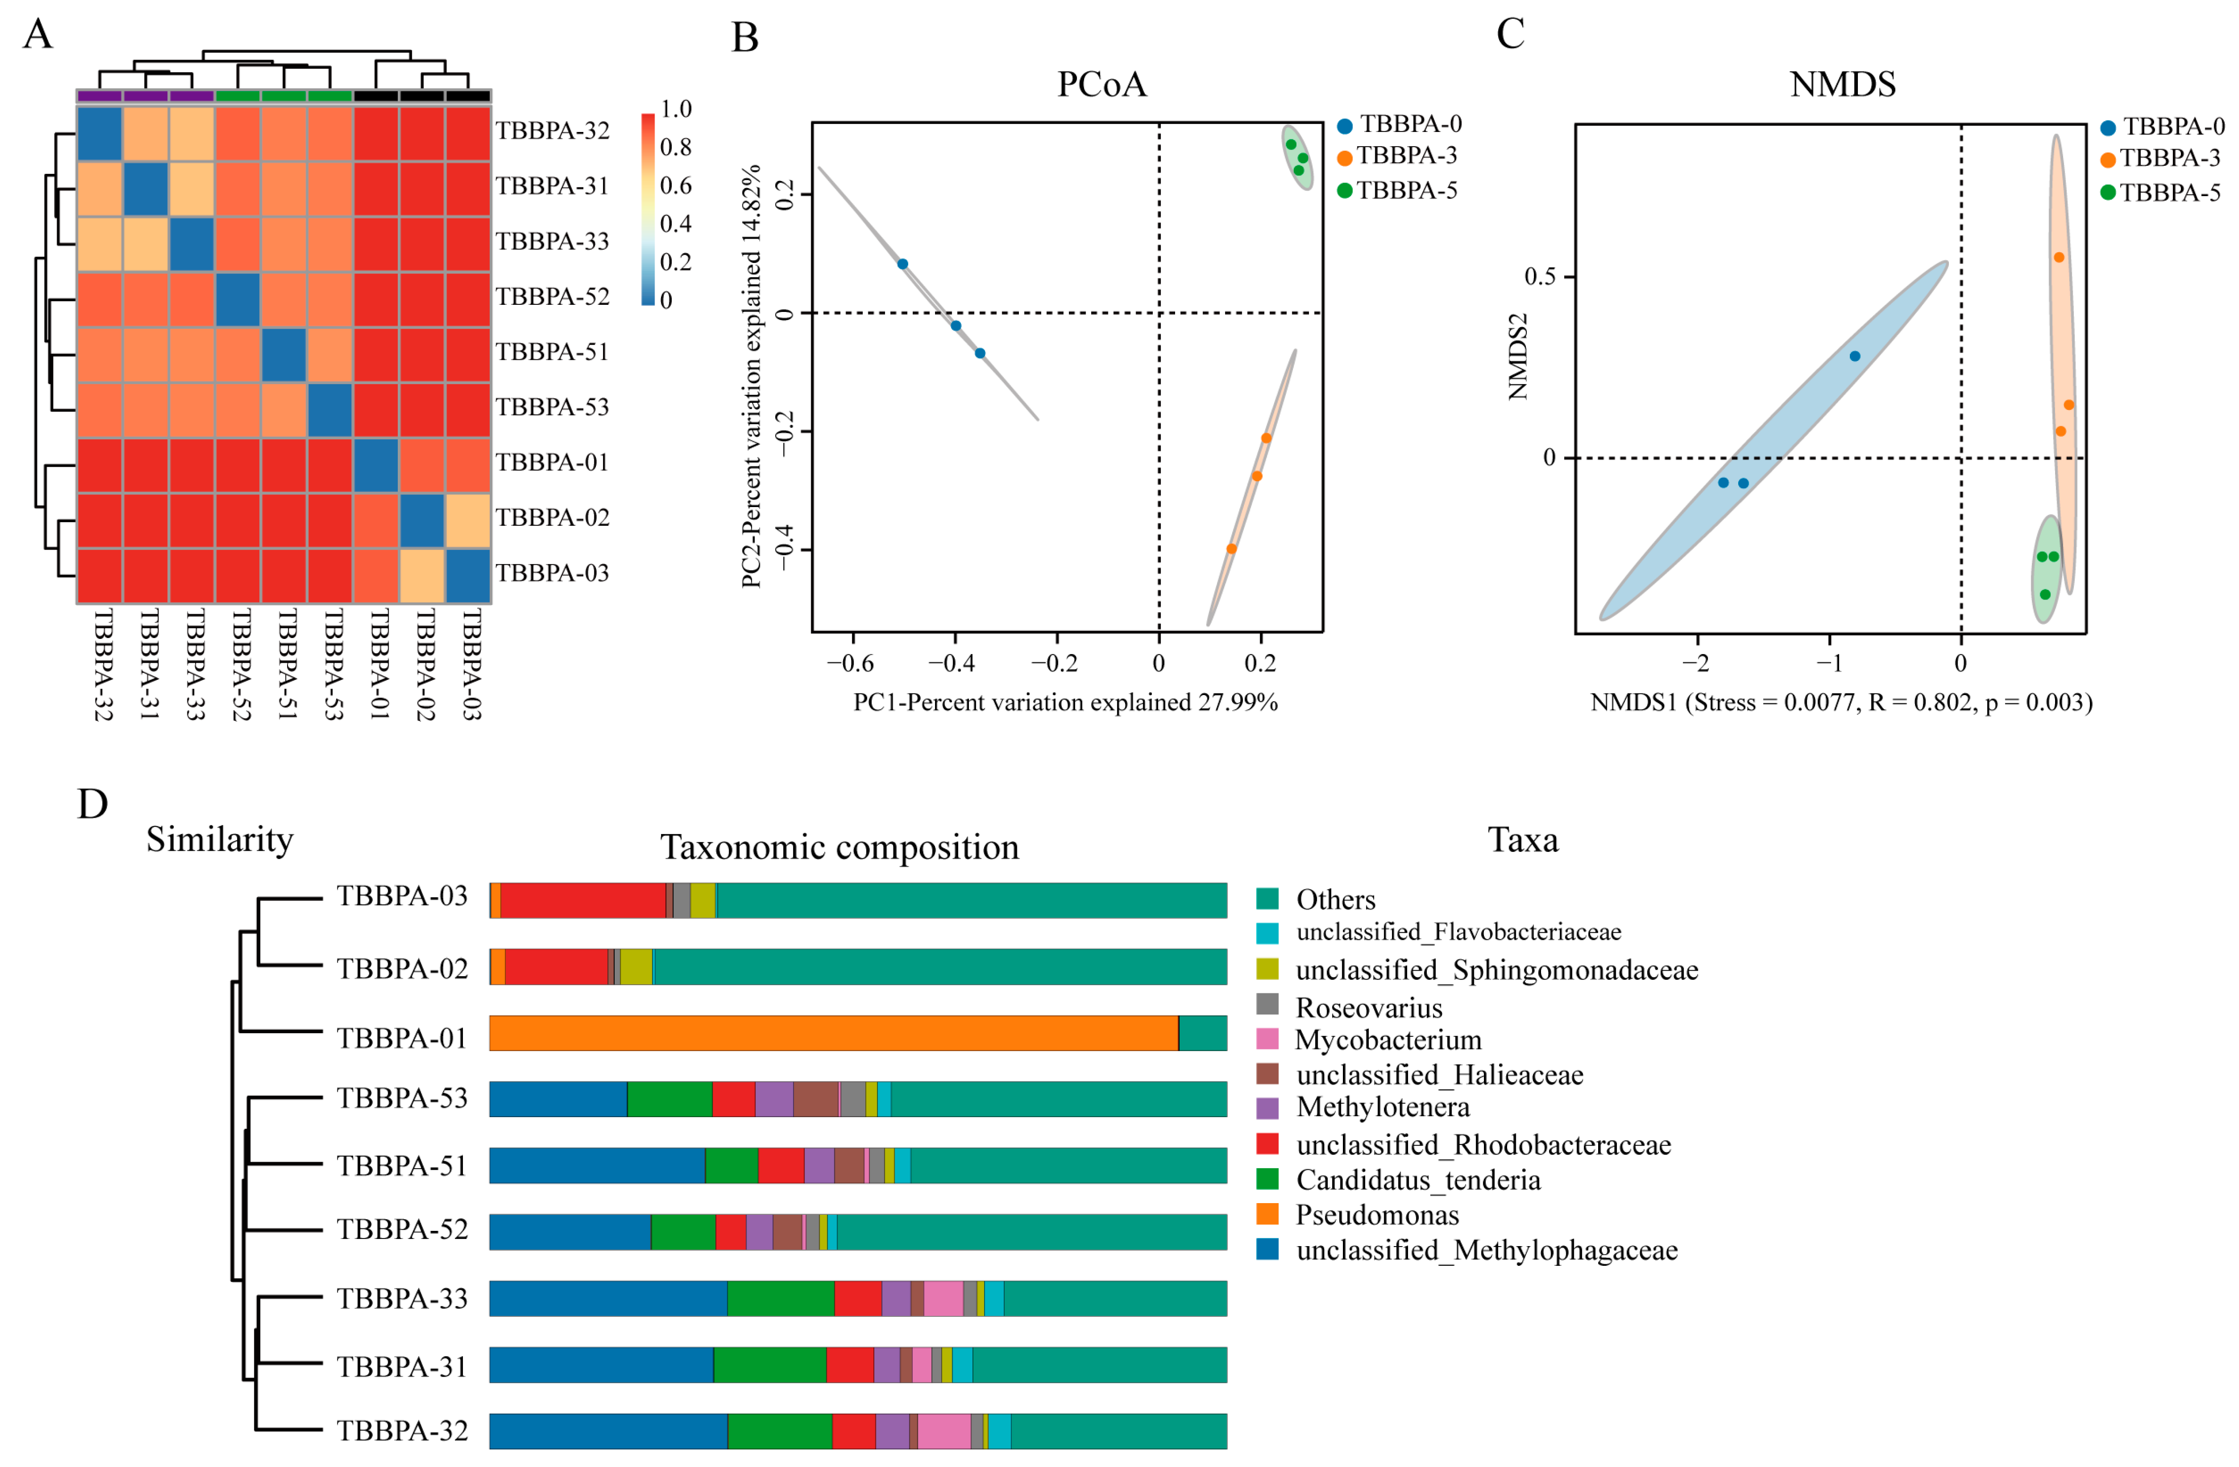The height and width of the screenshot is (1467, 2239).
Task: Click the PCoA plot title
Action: (1102, 85)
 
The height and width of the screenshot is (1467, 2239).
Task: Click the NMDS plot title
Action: (1842, 85)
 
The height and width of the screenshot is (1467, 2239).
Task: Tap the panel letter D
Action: (92, 805)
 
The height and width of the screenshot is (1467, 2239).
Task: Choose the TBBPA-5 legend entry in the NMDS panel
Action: (2168, 193)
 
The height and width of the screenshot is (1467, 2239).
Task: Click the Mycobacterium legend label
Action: (1387, 1040)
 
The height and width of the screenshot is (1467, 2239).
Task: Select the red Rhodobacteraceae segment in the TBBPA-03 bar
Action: (583, 900)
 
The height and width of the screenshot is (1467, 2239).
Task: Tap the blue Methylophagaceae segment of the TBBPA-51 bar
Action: (596, 1166)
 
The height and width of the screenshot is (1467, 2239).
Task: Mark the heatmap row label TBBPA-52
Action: (552, 296)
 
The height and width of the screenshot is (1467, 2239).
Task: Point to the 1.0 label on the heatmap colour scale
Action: (675, 109)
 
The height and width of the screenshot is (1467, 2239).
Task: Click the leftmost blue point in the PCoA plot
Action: (902, 264)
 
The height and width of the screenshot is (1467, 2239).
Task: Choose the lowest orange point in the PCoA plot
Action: (1231, 548)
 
